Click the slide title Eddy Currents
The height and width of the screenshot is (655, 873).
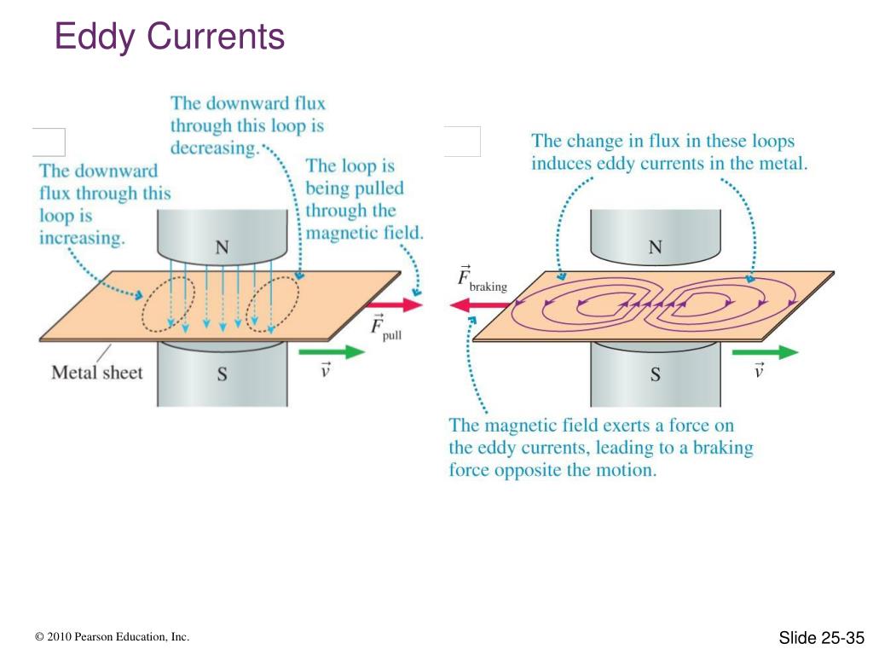pos(170,37)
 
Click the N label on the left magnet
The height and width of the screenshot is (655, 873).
pos(223,247)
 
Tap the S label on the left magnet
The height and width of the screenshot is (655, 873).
pos(223,374)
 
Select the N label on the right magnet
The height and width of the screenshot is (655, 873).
pos(656,247)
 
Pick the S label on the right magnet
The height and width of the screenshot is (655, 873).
pos(656,374)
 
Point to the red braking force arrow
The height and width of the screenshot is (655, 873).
pos(480,304)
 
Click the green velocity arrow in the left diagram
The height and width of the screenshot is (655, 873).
pos(332,352)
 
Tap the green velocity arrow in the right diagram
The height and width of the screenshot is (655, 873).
pos(765,352)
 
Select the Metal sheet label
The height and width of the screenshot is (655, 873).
pos(97,372)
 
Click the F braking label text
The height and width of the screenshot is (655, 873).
pos(483,279)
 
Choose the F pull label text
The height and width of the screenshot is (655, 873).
pos(386,328)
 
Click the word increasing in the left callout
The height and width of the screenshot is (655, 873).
pos(82,239)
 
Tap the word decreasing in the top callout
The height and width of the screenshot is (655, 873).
pos(215,148)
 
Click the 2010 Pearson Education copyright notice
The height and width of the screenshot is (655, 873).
pos(112,636)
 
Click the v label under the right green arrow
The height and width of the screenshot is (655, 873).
pos(758,370)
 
